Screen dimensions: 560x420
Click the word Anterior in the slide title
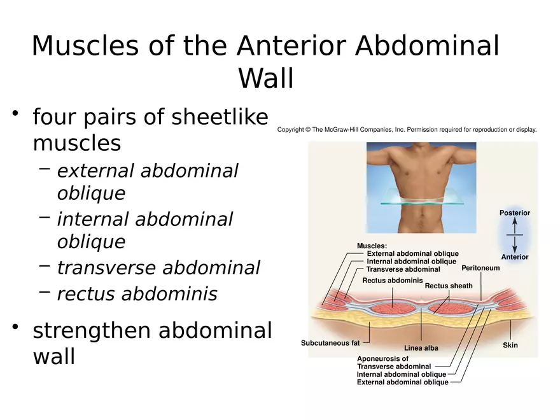click(x=291, y=46)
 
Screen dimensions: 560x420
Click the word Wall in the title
click(x=266, y=78)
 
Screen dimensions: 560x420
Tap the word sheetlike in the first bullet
click(x=220, y=116)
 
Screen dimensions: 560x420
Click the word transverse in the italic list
click(x=106, y=267)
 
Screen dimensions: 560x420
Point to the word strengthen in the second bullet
click(x=92, y=331)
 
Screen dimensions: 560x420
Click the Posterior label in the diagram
click(x=515, y=213)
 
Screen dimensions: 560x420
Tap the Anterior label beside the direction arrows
click(x=515, y=257)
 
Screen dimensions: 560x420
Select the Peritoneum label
click(x=480, y=268)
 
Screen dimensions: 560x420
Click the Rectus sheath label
click(x=449, y=286)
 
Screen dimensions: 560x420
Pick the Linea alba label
click(x=421, y=348)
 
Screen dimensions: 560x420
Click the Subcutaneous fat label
click(x=330, y=343)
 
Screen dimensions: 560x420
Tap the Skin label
click(x=510, y=345)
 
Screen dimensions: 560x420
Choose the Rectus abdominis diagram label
click(x=393, y=281)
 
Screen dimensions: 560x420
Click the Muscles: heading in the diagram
click(x=372, y=246)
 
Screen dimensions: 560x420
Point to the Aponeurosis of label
click(x=382, y=358)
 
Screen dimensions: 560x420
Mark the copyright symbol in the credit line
click(x=308, y=130)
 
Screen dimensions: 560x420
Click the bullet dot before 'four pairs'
click(x=15, y=113)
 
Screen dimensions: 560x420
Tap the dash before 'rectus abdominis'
click(x=45, y=292)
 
